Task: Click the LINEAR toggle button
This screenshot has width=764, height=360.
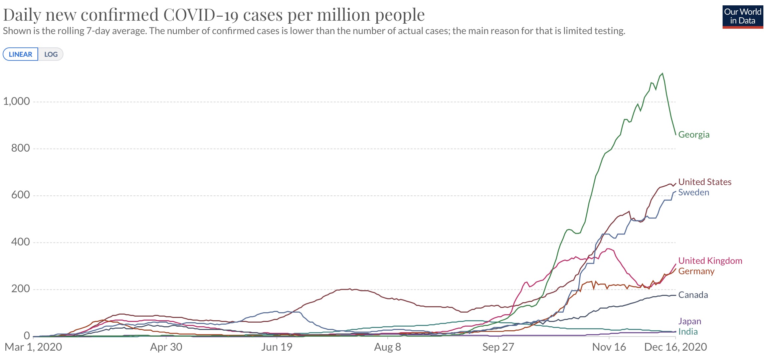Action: point(20,54)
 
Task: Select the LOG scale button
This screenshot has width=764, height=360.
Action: point(51,54)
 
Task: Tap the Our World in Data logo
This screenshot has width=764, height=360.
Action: point(743,16)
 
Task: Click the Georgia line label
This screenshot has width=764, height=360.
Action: point(694,135)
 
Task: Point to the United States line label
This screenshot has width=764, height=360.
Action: point(705,182)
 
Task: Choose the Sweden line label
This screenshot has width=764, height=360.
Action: point(694,192)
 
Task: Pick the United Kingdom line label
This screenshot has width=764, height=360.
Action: point(710,261)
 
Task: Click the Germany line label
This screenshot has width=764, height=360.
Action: point(696,271)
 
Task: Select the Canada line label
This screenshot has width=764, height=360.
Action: point(693,295)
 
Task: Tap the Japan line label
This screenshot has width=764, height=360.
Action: point(690,321)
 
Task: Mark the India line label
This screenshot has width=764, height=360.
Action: point(688,332)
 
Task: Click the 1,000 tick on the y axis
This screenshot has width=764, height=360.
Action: point(16,101)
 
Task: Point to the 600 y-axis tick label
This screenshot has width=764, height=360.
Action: point(20,195)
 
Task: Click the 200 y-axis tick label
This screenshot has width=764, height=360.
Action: point(20,289)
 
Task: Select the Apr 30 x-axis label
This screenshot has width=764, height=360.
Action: point(166,347)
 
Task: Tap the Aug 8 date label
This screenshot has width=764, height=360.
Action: point(387,347)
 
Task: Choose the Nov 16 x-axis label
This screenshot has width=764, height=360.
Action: point(609,347)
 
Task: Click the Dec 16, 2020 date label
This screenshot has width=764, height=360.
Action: point(675,347)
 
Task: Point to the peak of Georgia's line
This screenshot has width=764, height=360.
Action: point(662,73)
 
